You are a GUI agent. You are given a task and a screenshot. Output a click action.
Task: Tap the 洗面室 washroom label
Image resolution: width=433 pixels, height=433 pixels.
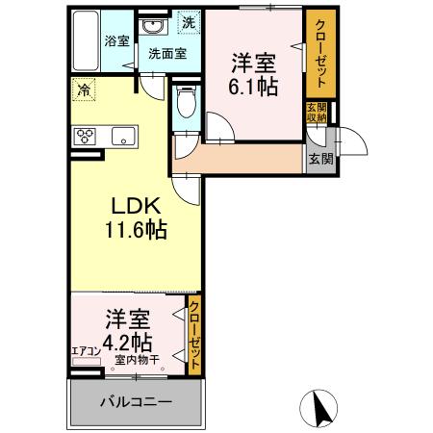(168, 55)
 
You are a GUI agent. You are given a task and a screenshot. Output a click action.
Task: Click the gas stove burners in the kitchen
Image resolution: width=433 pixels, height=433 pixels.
(84, 136)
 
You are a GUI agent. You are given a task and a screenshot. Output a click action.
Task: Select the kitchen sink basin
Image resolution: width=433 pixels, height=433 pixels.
(123, 136)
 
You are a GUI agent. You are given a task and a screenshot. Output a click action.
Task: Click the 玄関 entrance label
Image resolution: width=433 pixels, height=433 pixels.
(320, 159)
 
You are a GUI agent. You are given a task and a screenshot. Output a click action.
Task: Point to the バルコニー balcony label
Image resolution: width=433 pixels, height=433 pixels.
(136, 400)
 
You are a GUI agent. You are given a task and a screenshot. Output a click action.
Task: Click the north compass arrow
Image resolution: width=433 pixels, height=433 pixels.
(324, 405)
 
